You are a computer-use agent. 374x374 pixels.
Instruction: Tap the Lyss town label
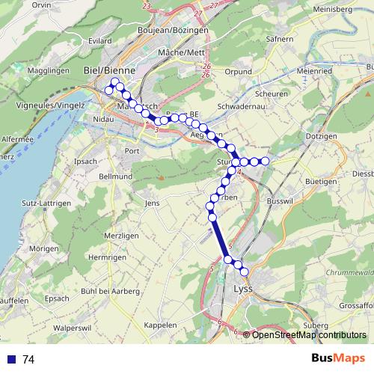pos(244,289)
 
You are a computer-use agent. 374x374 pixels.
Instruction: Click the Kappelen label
pos(161,325)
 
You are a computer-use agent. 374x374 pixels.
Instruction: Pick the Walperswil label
pos(72,327)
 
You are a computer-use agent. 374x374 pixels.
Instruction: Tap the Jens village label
pos(152,203)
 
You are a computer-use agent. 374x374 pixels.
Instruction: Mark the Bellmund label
pos(115,177)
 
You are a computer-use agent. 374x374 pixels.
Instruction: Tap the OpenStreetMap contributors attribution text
pos(309,334)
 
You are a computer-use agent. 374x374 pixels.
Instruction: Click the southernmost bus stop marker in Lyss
pos(244,270)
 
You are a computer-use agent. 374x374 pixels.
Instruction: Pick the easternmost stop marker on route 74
pos(265,161)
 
